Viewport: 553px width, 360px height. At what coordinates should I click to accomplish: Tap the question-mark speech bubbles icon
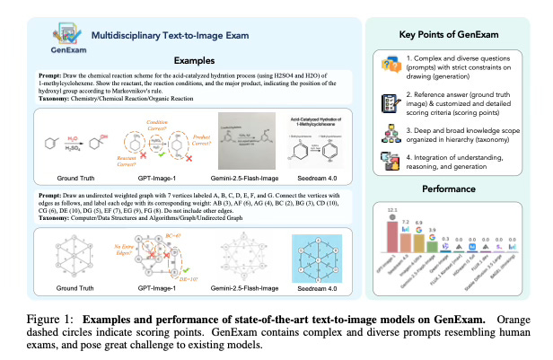(x=389, y=65)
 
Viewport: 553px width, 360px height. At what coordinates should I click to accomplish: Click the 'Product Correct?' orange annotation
(x=197, y=135)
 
